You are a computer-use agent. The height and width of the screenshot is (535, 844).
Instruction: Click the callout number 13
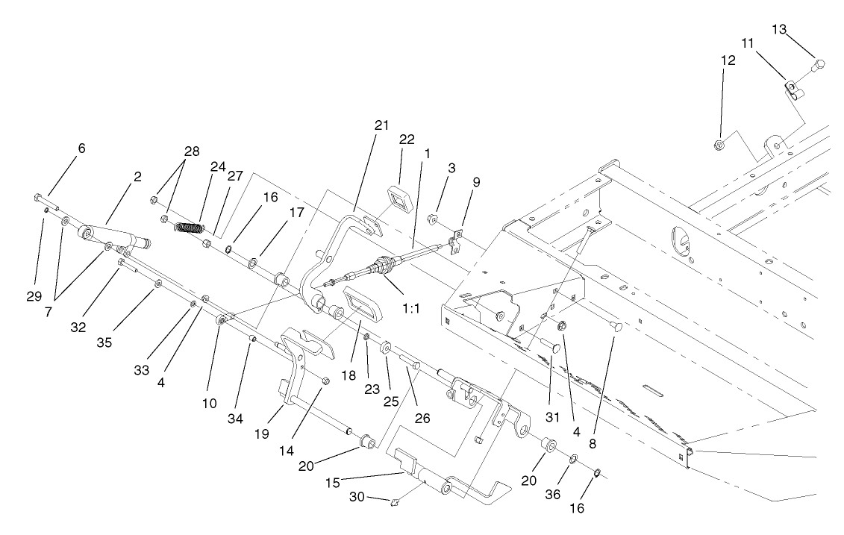(779, 29)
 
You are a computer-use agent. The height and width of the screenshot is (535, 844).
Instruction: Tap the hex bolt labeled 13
(816, 65)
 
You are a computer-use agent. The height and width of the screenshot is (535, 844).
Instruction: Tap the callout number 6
(81, 148)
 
